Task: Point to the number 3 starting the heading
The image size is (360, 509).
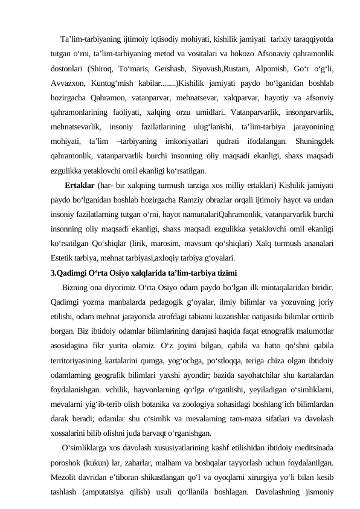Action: [x=53, y=271]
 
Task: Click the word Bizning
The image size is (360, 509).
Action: [x=76, y=286]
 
